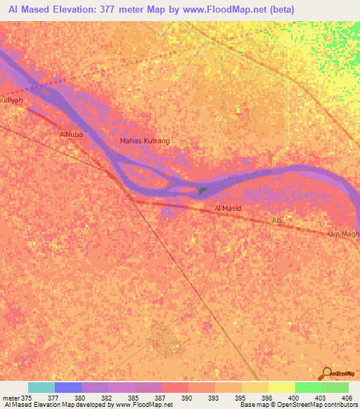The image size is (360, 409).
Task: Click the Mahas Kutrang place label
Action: pyautogui.click(x=145, y=141)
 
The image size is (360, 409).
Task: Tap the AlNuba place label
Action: pyautogui.click(x=72, y=134)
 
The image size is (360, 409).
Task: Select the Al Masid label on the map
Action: pyautogui.click(x=228, y=209)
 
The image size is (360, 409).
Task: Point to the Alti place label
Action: pyautogui.click(x=278, y=221)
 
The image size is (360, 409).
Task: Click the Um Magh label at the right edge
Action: pyautogui.click(x=344, y=233)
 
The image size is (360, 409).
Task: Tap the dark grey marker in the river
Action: pyautogui.click(x=202, y=190)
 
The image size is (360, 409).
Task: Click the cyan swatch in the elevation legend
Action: pyautogui.click(x=41, y=387)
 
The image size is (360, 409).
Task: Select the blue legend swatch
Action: pyautogui.click(x=68, y=387)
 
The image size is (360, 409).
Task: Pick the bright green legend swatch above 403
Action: pyautogui.click(x=308, y=387)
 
